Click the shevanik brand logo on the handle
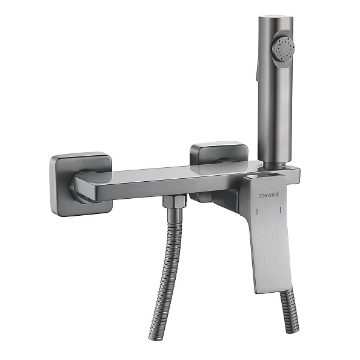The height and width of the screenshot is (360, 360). [269, 195]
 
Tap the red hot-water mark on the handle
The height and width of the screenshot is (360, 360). [257, 211]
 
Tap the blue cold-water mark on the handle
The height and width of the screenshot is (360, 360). [281, 209]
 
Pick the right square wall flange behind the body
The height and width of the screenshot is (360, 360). [219, 153]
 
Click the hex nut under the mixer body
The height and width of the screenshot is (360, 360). [175, 201]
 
